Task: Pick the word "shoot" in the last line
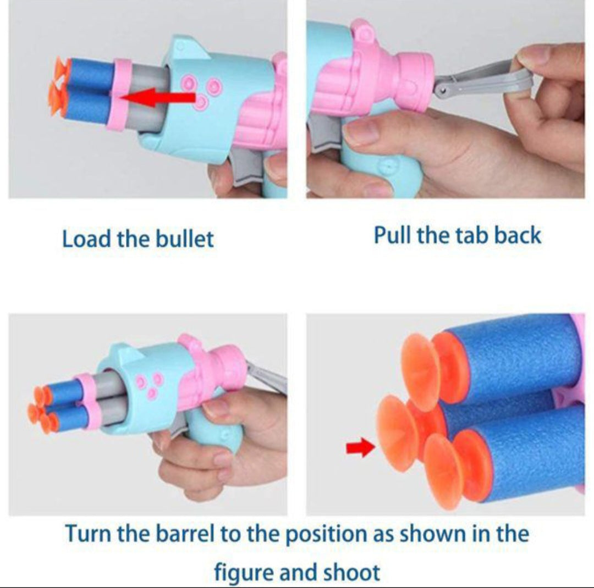[354, 572]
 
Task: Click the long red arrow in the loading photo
[158, 98]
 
